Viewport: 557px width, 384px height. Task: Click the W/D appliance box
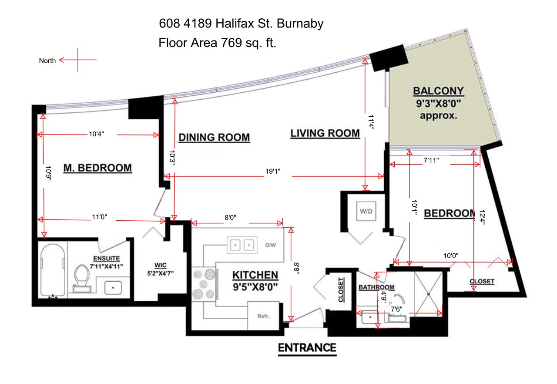point(366,211)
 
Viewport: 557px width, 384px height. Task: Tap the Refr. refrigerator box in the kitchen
point(263,316)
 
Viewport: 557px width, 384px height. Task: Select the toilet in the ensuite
point(82,279)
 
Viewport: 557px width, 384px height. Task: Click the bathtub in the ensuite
point(53,270)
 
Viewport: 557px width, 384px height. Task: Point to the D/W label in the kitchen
point(271,245)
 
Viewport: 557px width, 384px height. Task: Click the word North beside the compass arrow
point(47,61)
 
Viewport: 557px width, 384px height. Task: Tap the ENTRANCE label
point(307,347)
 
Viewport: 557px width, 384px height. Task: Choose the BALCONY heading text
point(438,91)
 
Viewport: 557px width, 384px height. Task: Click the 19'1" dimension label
point(273,172)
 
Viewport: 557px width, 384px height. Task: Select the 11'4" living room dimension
point(371,122)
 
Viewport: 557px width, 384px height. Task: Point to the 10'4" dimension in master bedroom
point(97,134)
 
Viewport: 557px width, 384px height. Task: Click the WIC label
point(161,265)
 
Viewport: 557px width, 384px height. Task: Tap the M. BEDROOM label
point(98,168)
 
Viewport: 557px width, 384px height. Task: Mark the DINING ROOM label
point(214,137)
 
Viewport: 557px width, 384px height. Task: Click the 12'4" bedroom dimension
point(482,218)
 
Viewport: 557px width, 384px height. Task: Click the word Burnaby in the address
point(300,24)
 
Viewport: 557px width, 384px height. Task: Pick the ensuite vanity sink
point(113,288)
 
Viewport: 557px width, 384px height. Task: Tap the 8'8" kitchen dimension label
point(297,268)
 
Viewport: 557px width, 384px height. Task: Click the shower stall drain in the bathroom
point(429,294)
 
